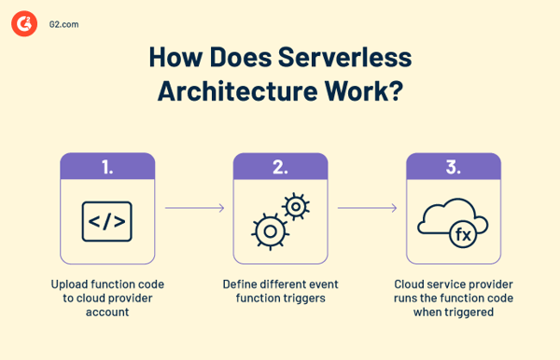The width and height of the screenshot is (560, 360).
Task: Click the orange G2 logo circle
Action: pyautogui.click(x=23, y=24)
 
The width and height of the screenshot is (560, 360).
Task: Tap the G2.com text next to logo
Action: pyautogui.click(x=63, y=25)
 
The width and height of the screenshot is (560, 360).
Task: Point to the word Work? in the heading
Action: pyautogui.click(x=365, y=93)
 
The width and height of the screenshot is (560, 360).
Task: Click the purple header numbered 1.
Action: pyautogui.click(x=107, y=167)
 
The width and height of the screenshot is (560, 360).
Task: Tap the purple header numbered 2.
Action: pyautogui.click(x=280, y=167)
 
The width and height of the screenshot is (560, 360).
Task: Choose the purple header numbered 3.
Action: pyautogui.click(x=453, y=167)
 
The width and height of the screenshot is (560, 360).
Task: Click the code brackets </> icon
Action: pyautogui.click(x=107, y=221)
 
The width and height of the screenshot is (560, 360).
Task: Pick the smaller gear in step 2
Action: pyautogui.click(x=296, y=204)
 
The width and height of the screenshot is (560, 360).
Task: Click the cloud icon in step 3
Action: pyautogui.click(x=446, y=219)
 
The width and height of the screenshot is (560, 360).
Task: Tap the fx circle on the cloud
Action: pyautogui.click(x=464, y=235)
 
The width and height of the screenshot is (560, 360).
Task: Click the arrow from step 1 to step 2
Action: pyautogui.click(x=194, y=208)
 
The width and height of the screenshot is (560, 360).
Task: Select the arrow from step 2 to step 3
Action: pyautogui.click(x=367, y=208)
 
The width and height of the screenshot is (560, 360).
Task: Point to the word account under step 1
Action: pyautogui.click(x=107, y=313)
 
